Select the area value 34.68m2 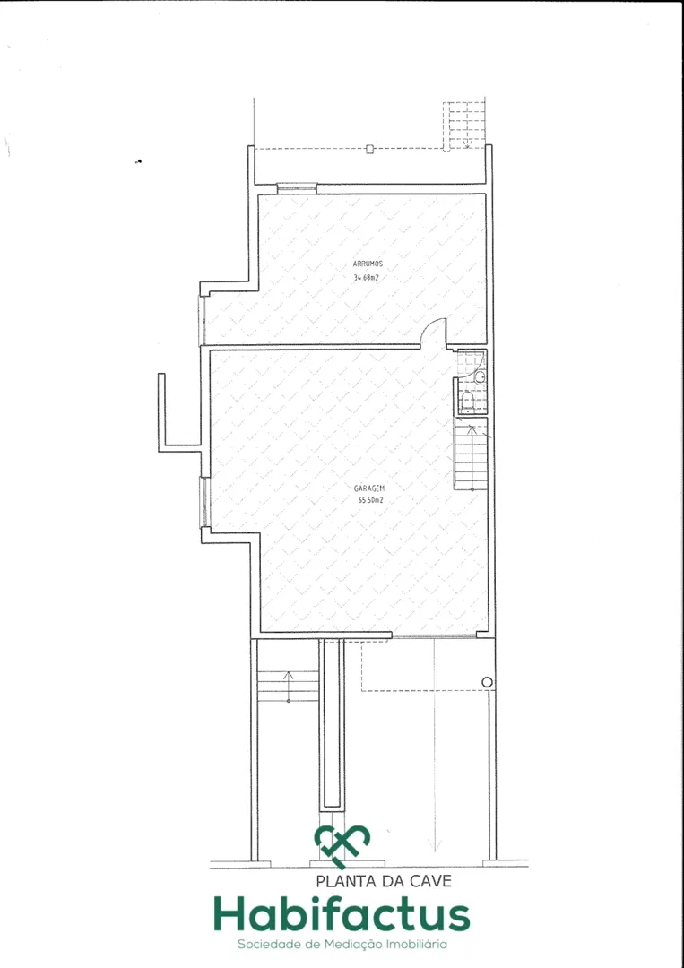(366, 278)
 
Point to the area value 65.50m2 (370, 501)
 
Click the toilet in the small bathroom (467, 403)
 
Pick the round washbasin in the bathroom (481, 377)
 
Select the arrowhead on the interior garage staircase (471, 428)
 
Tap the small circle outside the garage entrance (487, 682)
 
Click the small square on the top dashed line (369, 148)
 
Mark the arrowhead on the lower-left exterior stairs (289, 674)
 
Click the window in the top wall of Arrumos (297, 187)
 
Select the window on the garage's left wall (203, 502)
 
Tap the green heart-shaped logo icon (342, 846)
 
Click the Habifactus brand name (342, 914)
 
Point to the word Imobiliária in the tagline (416, 945)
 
